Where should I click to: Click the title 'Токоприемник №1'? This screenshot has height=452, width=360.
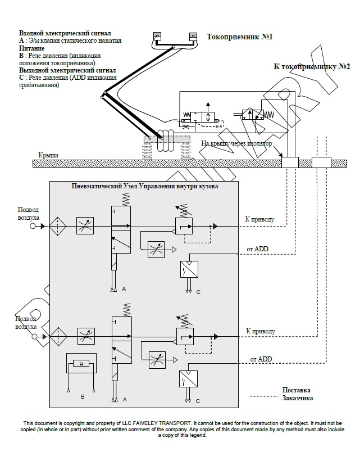click(240, 37)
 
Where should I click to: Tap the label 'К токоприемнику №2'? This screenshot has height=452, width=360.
click(312, 66)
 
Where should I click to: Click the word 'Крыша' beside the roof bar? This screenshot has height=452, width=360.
click(48, 155)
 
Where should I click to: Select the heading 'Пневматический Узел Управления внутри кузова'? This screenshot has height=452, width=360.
click(144, 186)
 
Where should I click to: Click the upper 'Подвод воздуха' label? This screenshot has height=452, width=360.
click(28, 214)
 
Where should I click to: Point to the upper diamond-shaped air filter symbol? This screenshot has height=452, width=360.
click(58, 227)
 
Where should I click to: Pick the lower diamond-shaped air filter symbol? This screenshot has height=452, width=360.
click(58, 336)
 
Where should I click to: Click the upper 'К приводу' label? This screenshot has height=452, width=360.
click(259, 219)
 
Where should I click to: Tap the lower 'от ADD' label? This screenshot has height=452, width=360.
click(261, 359)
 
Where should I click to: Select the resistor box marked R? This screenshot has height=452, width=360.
click(81, 364)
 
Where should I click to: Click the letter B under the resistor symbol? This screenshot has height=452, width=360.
click(83, 397)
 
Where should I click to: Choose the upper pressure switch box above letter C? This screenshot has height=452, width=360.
click(189, 269)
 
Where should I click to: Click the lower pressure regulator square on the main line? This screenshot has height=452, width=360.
click(185, 336)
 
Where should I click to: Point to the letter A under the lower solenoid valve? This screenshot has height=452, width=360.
click(125, 400)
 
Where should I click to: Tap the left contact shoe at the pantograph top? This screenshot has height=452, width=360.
click(157, 36)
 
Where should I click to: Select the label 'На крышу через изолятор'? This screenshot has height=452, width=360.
click(236, 143)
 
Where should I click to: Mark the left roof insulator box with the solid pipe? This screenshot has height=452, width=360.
click(290, 162)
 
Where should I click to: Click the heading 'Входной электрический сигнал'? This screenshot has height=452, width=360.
click(65, 33)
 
